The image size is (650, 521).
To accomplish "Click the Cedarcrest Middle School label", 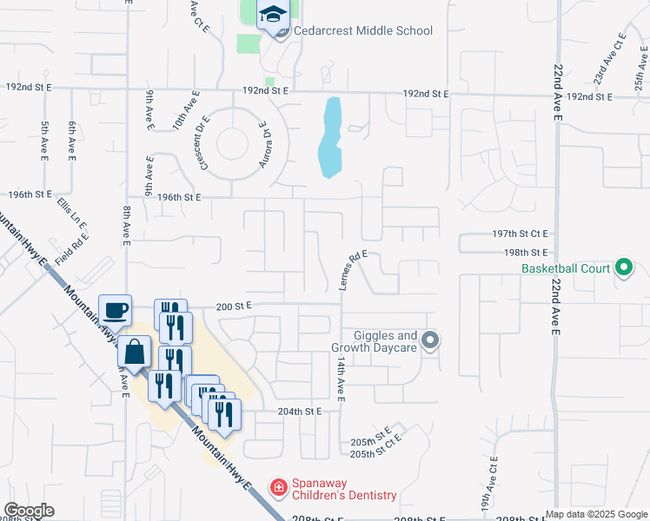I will click(x=363, y=31).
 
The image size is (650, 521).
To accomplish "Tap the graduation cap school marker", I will click(x=274, y=16).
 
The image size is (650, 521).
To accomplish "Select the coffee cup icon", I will click(x=116, y=310).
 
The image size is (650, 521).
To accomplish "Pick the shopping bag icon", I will click(x=136, y=353).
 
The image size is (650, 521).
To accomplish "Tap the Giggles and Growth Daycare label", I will click(x=386, y=341).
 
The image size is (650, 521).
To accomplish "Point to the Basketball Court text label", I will click(x=566, y=268).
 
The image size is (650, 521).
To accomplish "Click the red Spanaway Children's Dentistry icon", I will click(x=278, y=489).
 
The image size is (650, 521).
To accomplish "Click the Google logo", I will click(x=29, y=511).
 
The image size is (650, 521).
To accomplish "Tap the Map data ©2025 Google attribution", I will click(x=596, y=514).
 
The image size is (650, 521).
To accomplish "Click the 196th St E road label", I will click(x=179, y=197).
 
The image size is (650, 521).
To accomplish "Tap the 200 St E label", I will click(x=233, y=306).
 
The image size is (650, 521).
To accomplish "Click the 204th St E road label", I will click(x=300, y=411).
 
